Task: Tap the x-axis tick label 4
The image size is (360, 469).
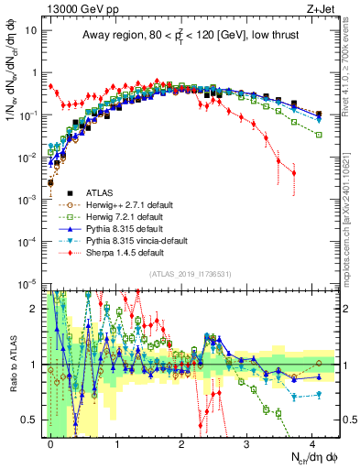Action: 313,442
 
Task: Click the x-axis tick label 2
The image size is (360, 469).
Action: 182,442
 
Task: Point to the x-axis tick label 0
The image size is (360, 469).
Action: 51,442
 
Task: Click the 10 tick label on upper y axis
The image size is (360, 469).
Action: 30,29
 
